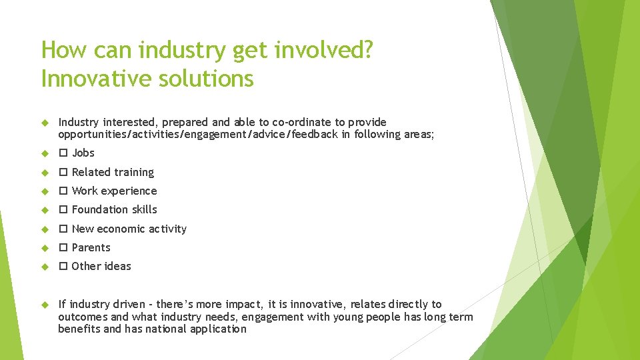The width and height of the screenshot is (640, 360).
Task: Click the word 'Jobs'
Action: (x=83, y=153)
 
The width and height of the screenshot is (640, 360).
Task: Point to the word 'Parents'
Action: (x=91, y=247)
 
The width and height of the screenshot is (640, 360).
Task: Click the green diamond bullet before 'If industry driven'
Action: (x=45, y=305)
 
